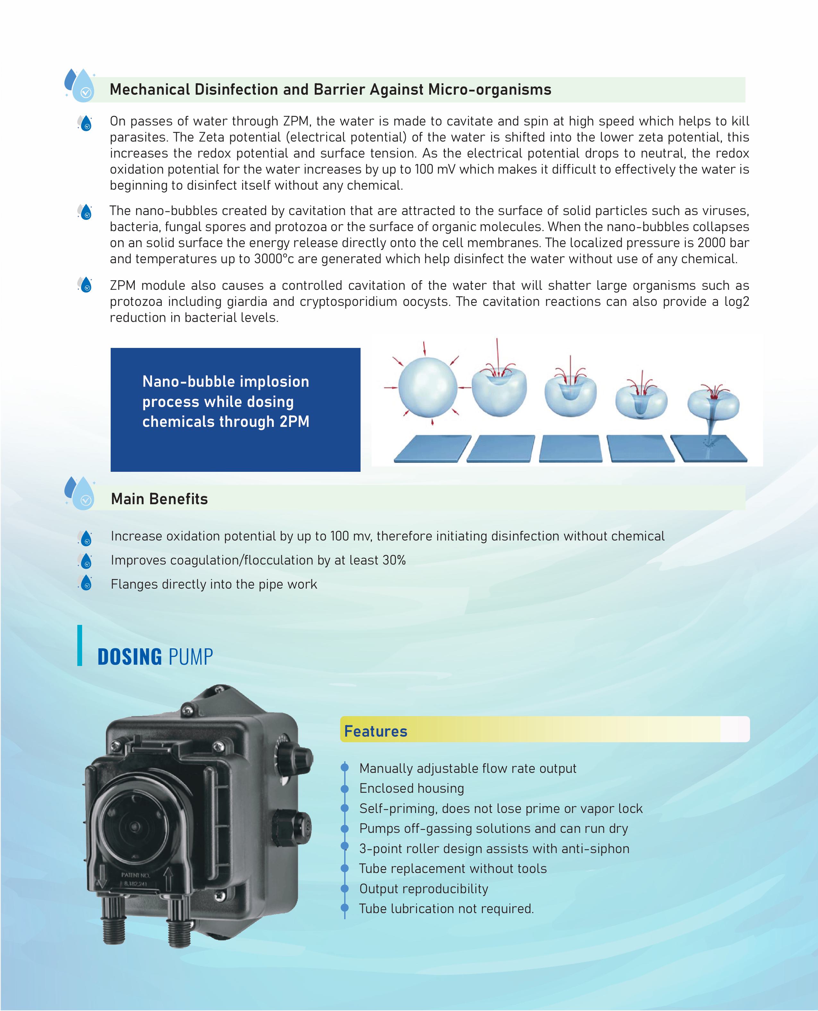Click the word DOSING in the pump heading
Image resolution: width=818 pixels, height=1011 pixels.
[130, 657]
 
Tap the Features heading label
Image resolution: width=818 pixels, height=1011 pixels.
[376, 731]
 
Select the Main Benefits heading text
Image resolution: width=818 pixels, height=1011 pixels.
[159, 499]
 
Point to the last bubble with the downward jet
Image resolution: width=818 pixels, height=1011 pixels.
[713, 405]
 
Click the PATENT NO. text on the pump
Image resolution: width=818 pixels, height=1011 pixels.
[136, 875]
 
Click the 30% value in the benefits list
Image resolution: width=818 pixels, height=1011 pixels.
[394, 560]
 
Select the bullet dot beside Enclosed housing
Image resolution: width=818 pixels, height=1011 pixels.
[345, 789]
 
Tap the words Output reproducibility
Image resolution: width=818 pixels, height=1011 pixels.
[424, 888]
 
